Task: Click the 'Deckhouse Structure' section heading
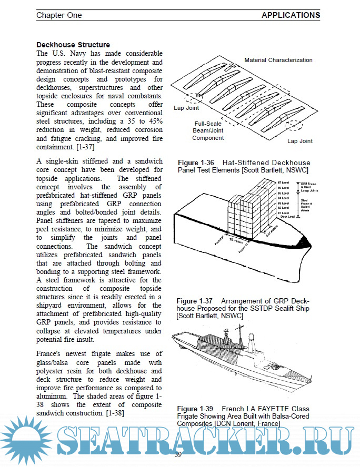click(73, 45)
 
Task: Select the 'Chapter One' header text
click(59, 15)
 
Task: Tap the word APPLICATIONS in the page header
click(291, 15)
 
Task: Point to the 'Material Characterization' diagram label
click(278, 60)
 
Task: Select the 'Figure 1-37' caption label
click(194, 301)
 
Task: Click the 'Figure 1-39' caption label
click(194, 409)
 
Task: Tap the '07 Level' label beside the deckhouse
click(284, 181)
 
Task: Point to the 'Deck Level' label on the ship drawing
click(287, 217)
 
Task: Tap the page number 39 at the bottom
click(178, 454)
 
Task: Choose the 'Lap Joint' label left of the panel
click(186, 107)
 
